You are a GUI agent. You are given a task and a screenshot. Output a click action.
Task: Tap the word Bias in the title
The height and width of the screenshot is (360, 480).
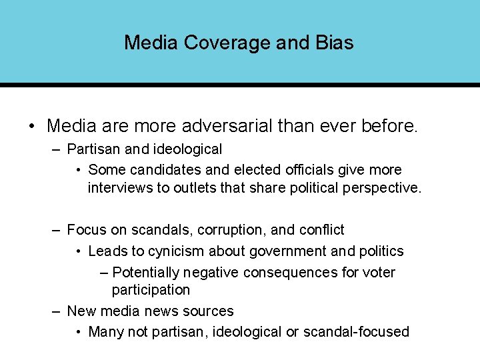click(332, 43)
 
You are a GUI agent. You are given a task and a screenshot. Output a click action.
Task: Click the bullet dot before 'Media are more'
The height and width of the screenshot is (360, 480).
click(31, 125)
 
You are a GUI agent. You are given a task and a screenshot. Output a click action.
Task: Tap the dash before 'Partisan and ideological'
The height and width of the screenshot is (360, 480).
click(59, 149)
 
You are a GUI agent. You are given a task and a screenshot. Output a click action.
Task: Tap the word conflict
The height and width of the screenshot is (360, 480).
click(321, 230)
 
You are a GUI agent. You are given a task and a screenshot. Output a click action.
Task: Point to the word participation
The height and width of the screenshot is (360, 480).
click(151, 290)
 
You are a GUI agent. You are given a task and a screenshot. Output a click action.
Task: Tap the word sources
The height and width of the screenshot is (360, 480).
click(211, 311)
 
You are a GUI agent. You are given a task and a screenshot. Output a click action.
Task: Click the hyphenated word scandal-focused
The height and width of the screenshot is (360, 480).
click(356, 332)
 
